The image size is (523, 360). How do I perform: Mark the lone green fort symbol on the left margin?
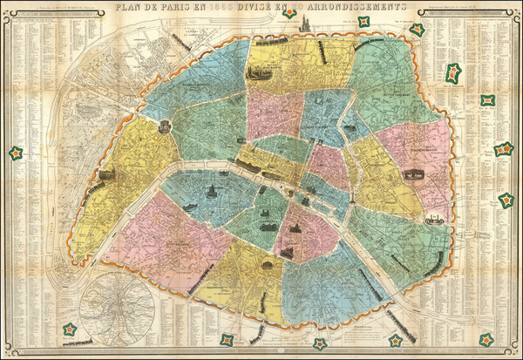pos(15,153)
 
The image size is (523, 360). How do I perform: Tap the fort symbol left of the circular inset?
pos(68,329)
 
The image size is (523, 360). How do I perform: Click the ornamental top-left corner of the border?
pos(4,4)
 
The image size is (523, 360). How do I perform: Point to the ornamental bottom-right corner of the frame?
pos(519,356)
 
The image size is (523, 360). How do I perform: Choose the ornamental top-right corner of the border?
pos(519,4)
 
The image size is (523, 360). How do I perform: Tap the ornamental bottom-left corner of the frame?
pos(4,356)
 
